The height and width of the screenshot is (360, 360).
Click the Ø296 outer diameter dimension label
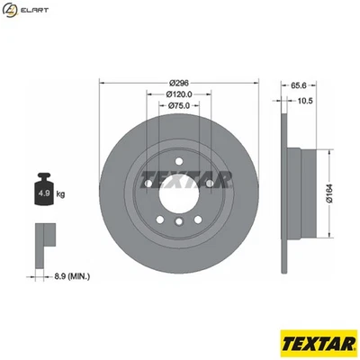pyautogui.click(x=179, y=82)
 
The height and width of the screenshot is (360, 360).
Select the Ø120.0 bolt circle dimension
pyautogui.click(x=179, y=94)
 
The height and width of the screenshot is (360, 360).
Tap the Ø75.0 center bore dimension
pyautogui.click(x=179, y=105)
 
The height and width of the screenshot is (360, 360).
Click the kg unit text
pyautogui.click(x=61, y=193)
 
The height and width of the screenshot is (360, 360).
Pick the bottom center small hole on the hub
pyautogui.click(x=179, y=221)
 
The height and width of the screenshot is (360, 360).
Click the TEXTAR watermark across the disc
pyautogui.click(x=180, y=177)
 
